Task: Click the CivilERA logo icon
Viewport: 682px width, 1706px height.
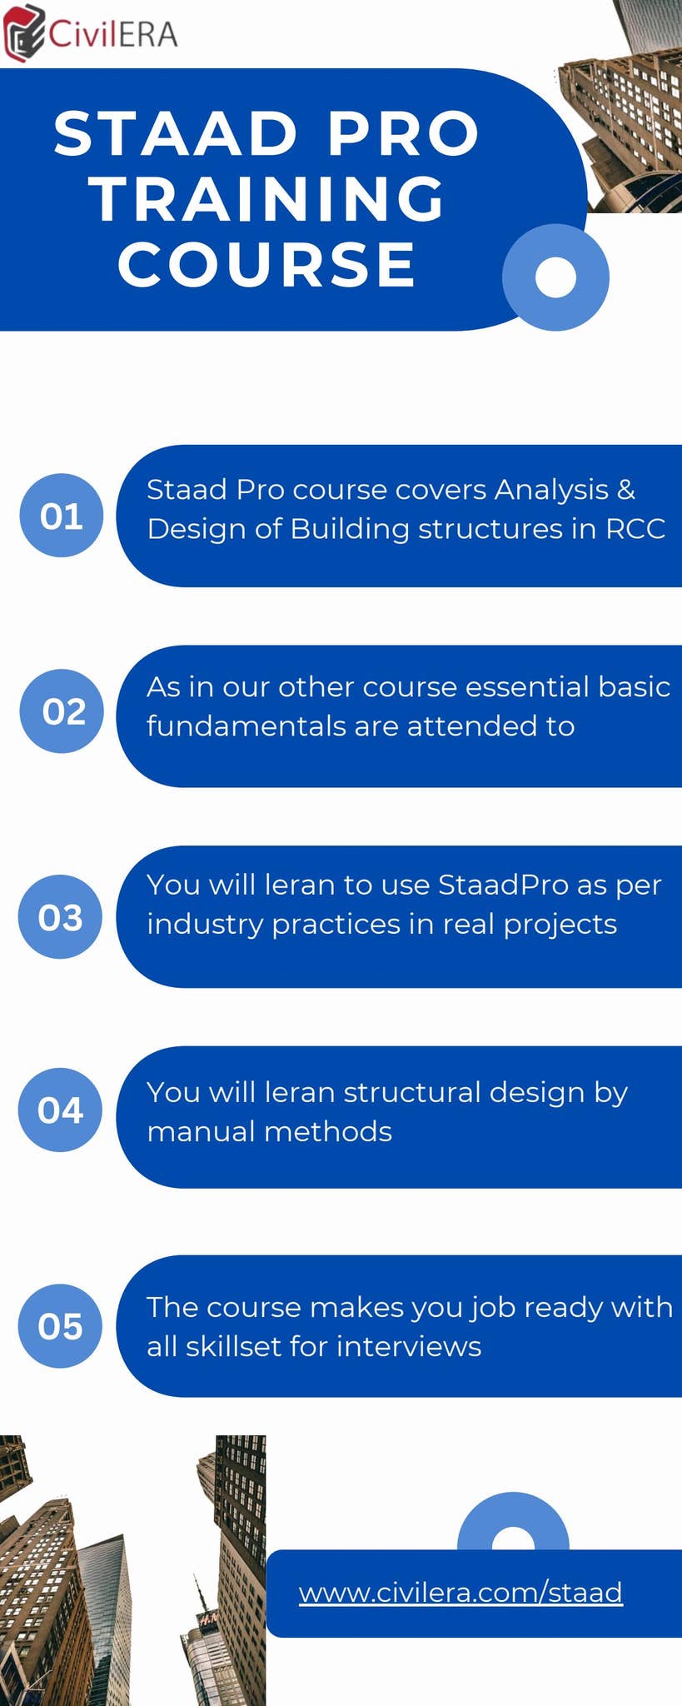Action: click(22, 33)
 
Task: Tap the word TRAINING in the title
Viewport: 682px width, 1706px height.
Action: click(268, 200)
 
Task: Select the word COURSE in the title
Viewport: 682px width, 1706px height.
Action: click(267, 266)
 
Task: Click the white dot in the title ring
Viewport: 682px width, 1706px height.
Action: click(555, 277)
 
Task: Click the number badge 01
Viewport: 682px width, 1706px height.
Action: click(62, 516)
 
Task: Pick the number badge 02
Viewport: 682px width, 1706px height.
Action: click(63, 712)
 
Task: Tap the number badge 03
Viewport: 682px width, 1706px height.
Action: click(61, 918)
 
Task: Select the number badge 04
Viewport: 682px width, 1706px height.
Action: click(61, 1110)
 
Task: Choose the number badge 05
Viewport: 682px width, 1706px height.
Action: click(61, 1326)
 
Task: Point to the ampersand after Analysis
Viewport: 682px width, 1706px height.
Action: click(626, 490)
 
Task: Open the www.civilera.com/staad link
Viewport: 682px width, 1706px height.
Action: click(460, 1592)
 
